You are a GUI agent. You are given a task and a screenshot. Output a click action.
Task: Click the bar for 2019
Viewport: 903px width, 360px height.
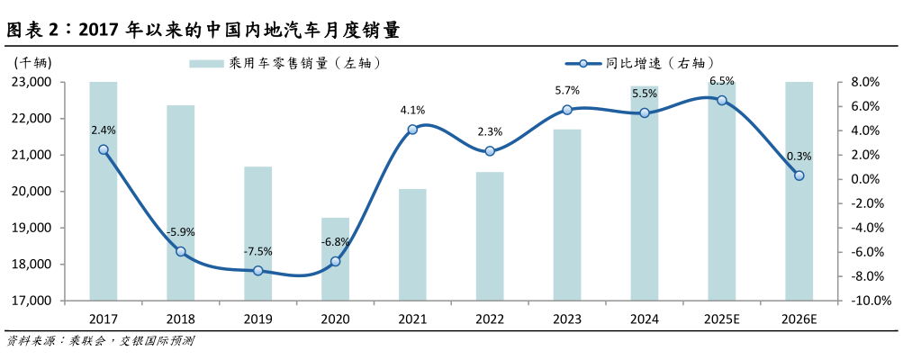click(x=257, y=233)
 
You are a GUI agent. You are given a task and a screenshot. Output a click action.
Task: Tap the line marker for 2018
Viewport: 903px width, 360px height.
click(x=180, y=251)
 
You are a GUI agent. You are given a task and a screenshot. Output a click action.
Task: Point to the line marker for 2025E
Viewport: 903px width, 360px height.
click(x=721, y=100)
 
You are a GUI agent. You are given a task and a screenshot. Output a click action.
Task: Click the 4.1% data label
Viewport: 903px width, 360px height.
click(x=412, y=110)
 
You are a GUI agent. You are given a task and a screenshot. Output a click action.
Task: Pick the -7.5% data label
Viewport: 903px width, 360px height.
click(x=257, y=251)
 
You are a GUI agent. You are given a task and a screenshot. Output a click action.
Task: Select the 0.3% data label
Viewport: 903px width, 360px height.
click(x=799, y=156)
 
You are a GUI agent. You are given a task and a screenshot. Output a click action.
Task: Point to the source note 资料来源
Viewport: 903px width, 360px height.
click(x=99, y=341)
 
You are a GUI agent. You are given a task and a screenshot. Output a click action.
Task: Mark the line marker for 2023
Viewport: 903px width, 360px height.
click(x=567, y=110)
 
